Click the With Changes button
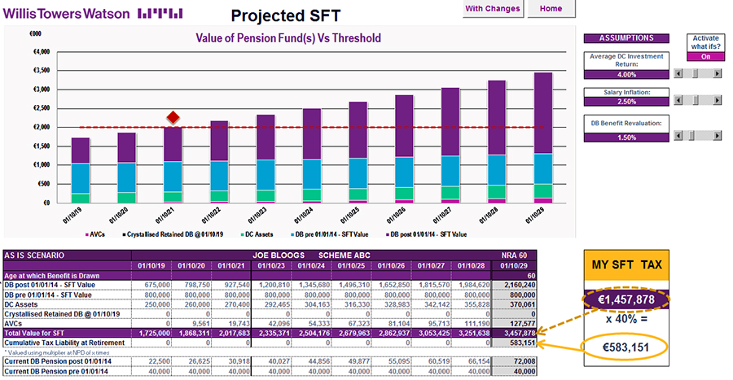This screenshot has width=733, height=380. coord(493,9)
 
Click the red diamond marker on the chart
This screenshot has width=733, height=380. coord(173,118)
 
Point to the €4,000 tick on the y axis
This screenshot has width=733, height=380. coord(39,52)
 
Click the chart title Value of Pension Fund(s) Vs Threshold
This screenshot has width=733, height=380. coord(288,37)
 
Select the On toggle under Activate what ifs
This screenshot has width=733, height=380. coord(705,56)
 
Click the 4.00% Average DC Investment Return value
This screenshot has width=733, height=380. coord(626,74)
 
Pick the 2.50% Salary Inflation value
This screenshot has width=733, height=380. coord(626,101)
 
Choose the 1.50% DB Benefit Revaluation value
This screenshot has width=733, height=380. coord(626,138)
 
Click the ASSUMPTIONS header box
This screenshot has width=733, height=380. coord(626,38)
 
